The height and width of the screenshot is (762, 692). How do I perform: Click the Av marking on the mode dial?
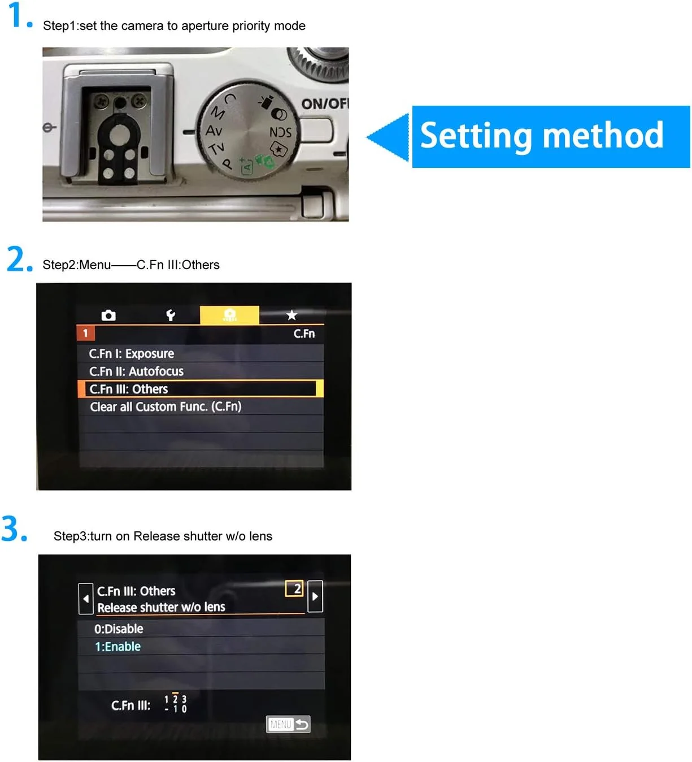pos(214,130)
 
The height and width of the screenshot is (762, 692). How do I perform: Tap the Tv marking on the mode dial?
pos(217,148)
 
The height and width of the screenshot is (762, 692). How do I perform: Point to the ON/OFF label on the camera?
pos(325,103)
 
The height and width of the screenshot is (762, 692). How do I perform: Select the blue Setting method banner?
pos(550,136)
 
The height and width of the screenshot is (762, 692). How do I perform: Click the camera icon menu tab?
pos(108,315)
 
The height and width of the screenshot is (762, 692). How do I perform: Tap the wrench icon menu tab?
pos(171,315)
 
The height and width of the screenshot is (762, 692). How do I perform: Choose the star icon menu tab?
pos(291,314)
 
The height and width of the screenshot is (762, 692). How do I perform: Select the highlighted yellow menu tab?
pos(229,315)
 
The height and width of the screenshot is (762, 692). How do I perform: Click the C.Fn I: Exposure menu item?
pos(132,353)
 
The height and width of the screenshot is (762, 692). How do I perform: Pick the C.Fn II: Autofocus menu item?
pos(136,371)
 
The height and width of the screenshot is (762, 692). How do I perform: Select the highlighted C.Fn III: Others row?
pos(201,388)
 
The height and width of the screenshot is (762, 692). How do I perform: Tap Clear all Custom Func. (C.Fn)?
pos(166,406)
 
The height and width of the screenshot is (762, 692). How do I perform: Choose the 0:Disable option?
pos(119,629)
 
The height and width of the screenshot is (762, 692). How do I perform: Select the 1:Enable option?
pos(117,646)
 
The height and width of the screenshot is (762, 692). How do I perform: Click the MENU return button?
pos(288,724)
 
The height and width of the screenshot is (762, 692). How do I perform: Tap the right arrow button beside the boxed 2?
pos(315,596)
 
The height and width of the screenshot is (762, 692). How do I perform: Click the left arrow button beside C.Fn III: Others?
pos(86,598)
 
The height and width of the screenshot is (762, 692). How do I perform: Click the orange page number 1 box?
pos(85,333)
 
